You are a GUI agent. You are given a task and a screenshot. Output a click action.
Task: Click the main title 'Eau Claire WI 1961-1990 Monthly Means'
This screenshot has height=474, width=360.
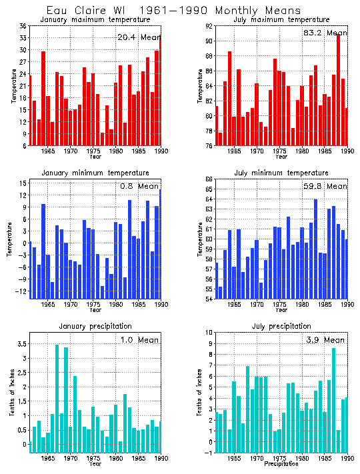pyautogui.click(x=173, y=10)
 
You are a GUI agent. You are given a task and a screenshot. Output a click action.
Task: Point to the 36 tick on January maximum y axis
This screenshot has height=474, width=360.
pyautogui.click(x=23, y=26)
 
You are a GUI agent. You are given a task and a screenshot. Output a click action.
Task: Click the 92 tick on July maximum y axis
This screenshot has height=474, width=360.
pyautogui.click(x=209, y=26)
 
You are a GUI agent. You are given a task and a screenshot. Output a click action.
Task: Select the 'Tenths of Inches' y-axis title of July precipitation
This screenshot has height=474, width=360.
pyautogui.click(x=199, y=393)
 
